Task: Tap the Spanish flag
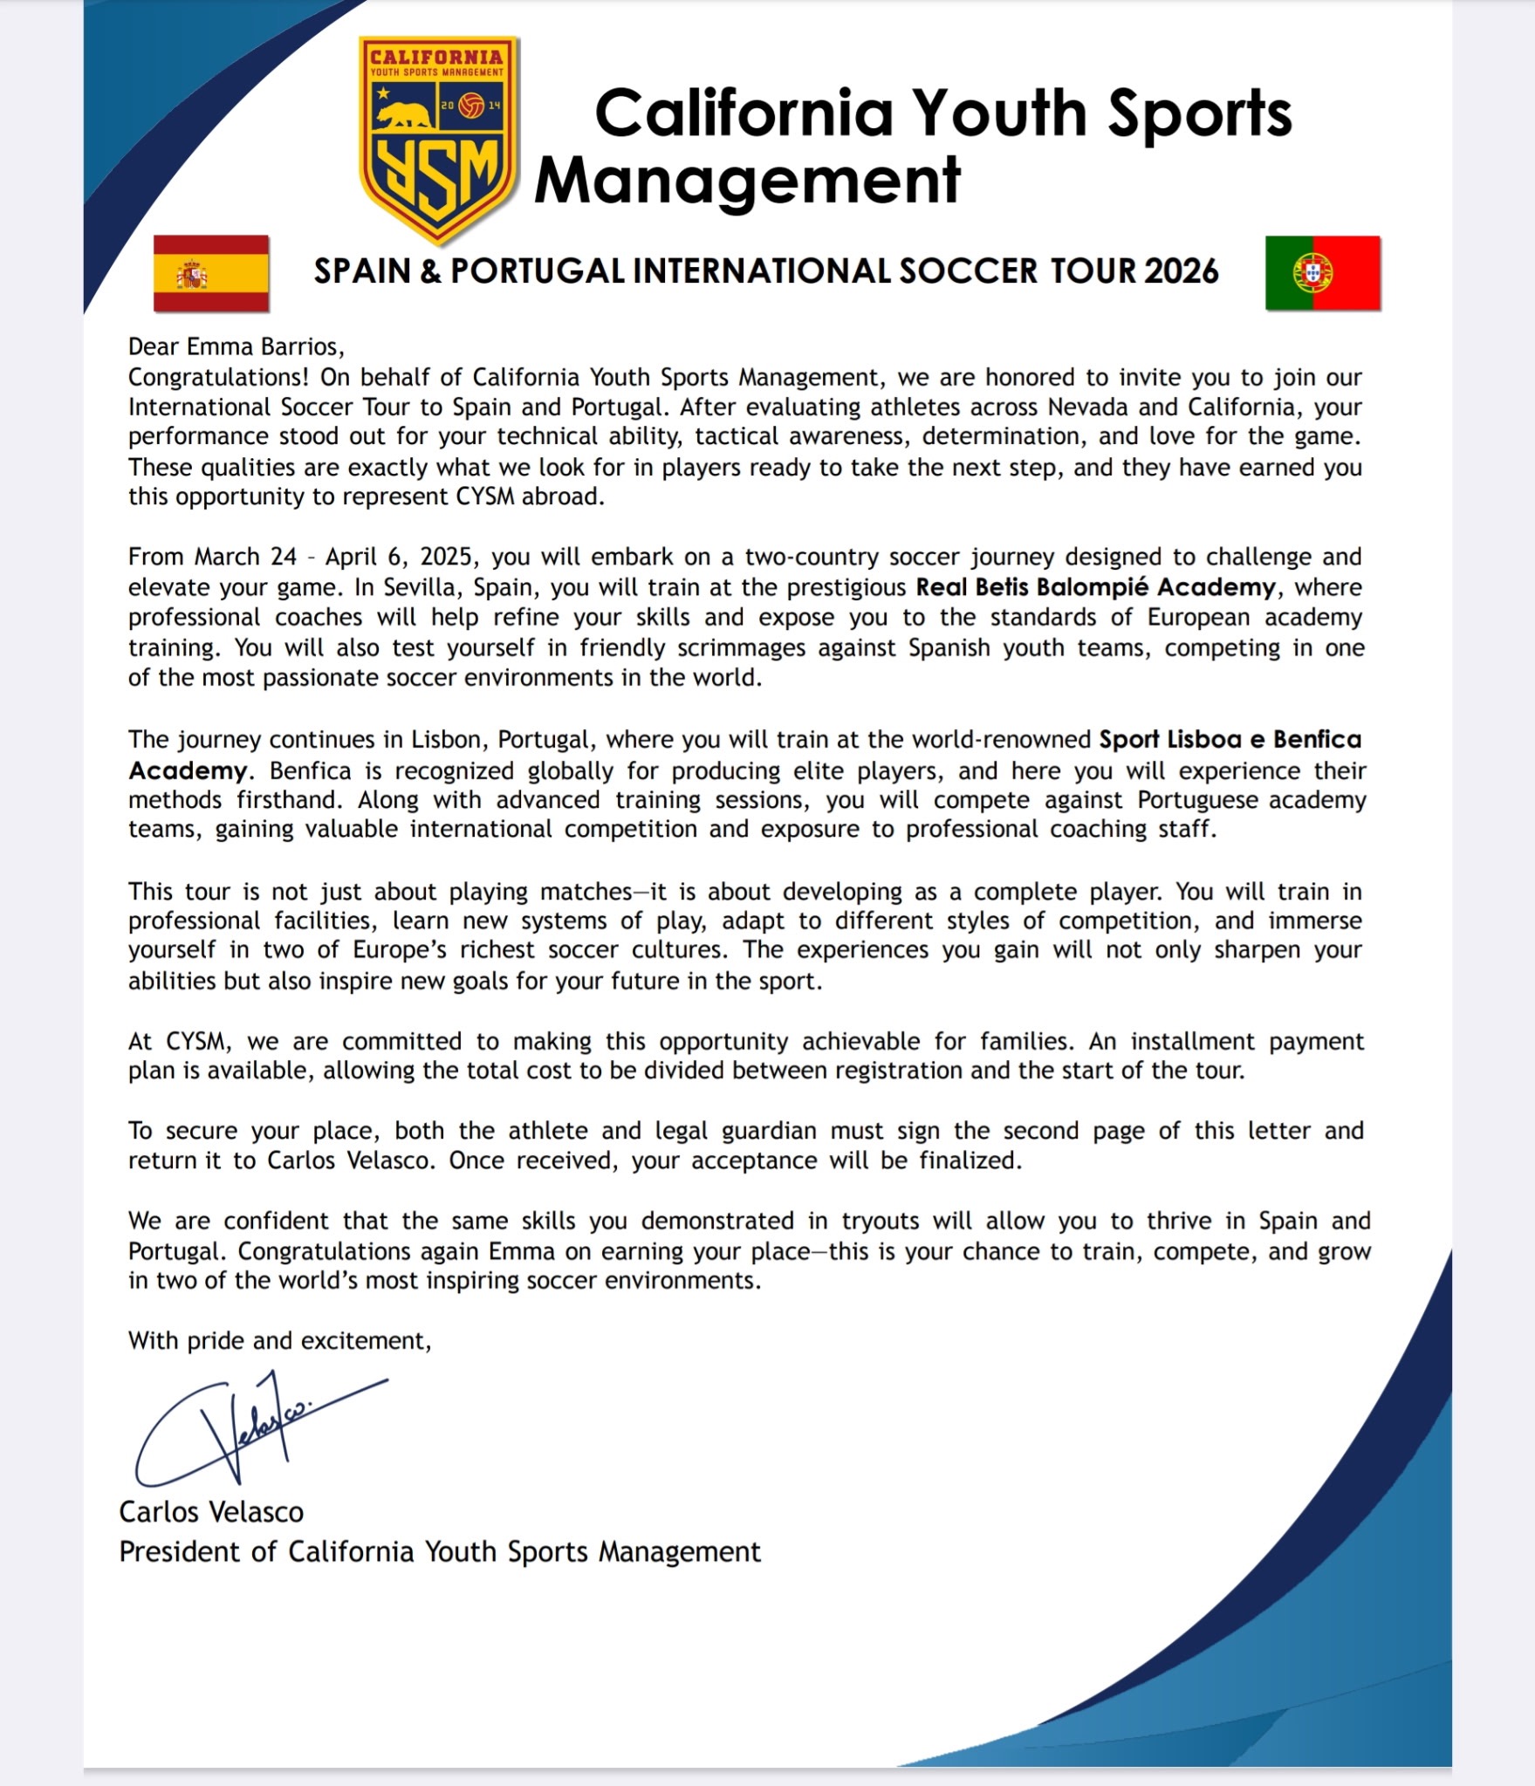pyautogui.click(x=211, y=273)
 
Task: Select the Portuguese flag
pyautogui.click(x=1322, y=272)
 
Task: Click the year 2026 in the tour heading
pyautogui.click(x=1181, y=271)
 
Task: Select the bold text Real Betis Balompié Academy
pyautogui.click(x=1095, y=587)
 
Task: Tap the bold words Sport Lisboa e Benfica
pyautogui.click(x=1230, y=740)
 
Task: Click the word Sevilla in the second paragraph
pyautogui.click(x=418, y=587)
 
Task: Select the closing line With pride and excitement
pyautogui.click(x=279, y=1340)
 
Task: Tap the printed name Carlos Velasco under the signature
pyautogui.click(x=211, y=1512)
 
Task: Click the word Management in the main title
pyautogui.click(x=747, y=180)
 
